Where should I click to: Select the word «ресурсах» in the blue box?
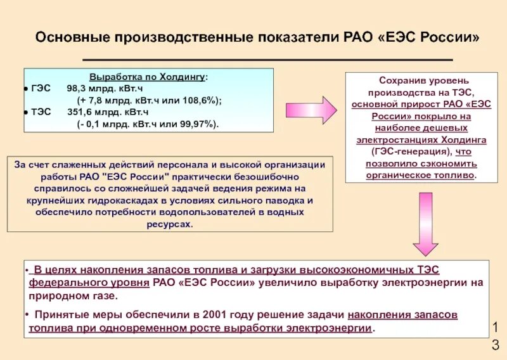169,225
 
